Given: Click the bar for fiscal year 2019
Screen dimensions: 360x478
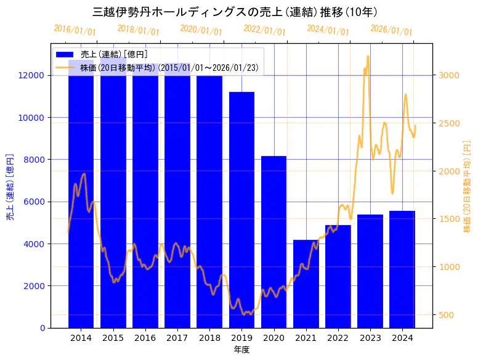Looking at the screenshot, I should pyautogui.click(x=241, y=210).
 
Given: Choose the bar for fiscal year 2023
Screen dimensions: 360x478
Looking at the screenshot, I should pyautogui.click(x=370, y=271).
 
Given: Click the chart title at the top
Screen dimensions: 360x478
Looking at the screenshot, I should pyautogui.click(x=235, y=12).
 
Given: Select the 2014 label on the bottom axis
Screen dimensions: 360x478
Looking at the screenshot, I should pyautogui.click(x=81, y=338).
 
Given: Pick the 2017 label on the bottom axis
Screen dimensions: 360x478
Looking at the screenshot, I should pyautogui.click(x=177, y=338).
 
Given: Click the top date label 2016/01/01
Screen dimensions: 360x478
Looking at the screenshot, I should pyautogui.click(x=75, y=30).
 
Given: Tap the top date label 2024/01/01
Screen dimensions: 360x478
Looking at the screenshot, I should pyautogui.click(x=328, y=30).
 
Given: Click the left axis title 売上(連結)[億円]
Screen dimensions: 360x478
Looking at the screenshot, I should pyautogui.click(x=10, y=187).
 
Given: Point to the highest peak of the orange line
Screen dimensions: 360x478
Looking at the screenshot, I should pyautogui.click(x=368, y=56).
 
